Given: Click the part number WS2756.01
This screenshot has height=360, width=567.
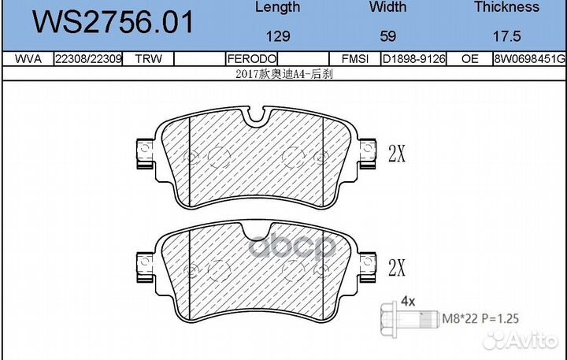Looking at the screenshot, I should pos(111,22).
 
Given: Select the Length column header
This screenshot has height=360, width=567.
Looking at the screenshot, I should pos(278,7).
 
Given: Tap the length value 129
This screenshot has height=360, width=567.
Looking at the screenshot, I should pos(278,36).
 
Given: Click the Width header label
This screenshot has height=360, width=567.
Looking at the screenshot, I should pos(388,7).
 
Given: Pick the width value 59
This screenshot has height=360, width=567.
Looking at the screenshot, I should pos(388,36).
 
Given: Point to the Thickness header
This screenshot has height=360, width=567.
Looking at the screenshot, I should pos(506,7).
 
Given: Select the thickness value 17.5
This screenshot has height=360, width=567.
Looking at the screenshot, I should pos(506,36).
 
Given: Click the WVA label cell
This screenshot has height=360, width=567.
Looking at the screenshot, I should pos(27,59).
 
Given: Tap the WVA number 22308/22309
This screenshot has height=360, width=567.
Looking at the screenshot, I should pos(87,59).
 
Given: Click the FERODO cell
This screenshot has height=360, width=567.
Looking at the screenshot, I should pos(251,59).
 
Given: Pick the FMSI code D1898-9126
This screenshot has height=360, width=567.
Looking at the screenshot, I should pos(413,59).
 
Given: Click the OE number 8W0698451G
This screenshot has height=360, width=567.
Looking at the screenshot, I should pos(529,59).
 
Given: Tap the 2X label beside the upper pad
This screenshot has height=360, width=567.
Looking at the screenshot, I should pos(397,154).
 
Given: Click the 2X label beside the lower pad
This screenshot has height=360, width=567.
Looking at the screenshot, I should pos(397,267).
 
